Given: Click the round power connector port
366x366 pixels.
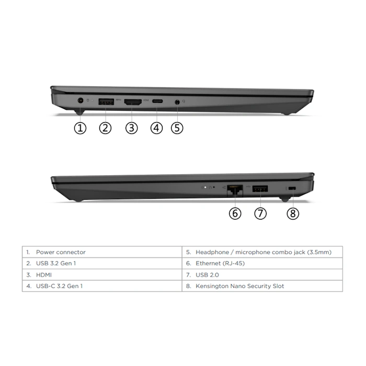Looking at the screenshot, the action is pos(81,101).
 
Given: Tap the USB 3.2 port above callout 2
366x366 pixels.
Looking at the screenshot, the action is pos(106,102).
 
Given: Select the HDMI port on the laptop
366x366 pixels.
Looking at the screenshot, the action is pos(133,102).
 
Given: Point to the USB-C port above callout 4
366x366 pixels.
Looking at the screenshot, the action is pos(157,101).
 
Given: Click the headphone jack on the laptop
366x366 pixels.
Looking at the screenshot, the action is pos(177,102).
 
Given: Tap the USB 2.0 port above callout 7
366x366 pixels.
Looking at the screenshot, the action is pos(260,189).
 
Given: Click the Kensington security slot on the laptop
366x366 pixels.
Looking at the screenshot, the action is pos(292,188).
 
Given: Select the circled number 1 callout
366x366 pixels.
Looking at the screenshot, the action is pos(80,128).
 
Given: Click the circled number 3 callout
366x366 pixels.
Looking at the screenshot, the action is pos(131,128).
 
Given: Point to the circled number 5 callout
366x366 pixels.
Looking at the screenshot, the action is pos(177,128).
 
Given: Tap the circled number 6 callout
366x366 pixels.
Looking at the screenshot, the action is pos(235,213).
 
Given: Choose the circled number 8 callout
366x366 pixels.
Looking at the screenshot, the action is pos(293,213).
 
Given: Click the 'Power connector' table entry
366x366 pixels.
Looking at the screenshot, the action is pos(61,252).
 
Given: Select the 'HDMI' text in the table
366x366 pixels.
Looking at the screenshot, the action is pos(44,274).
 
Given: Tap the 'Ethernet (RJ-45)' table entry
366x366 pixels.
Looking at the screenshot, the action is pos(220,264).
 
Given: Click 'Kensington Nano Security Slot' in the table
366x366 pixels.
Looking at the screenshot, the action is pos(239,286).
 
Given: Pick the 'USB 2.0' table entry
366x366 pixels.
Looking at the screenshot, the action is pos(207,274).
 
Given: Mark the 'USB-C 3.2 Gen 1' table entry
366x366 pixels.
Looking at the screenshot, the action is pos(59,286).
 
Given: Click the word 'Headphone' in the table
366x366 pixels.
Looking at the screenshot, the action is pos(212,252).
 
